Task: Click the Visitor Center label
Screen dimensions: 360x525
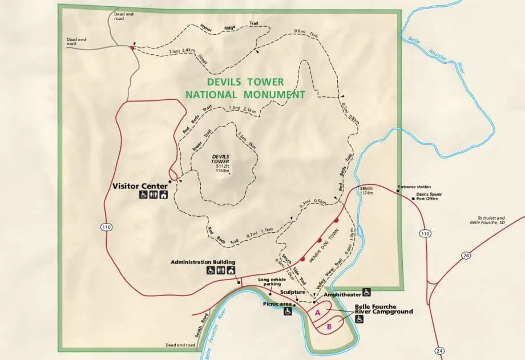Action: click(140, 186)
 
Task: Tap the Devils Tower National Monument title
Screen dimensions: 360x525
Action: click(245, 88)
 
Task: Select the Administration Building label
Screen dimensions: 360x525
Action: click(203, 262)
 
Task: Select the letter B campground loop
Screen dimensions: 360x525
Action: click(329, 327)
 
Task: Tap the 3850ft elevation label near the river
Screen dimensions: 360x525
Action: click(366, 188)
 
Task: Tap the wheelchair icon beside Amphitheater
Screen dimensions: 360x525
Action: click(366, 292)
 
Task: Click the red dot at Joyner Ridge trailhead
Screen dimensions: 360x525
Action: click(132, 48)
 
